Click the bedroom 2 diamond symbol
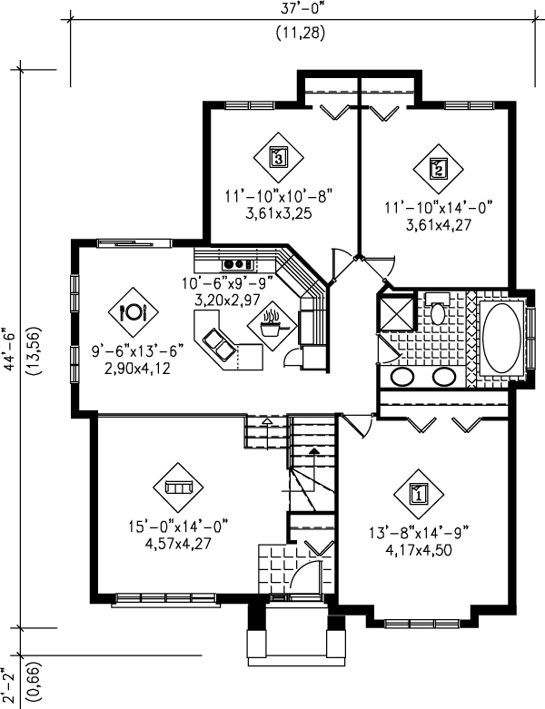438,168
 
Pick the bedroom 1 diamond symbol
419,494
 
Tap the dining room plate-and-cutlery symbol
133,312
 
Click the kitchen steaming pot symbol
271,323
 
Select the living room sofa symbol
177,488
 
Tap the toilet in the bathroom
436,311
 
